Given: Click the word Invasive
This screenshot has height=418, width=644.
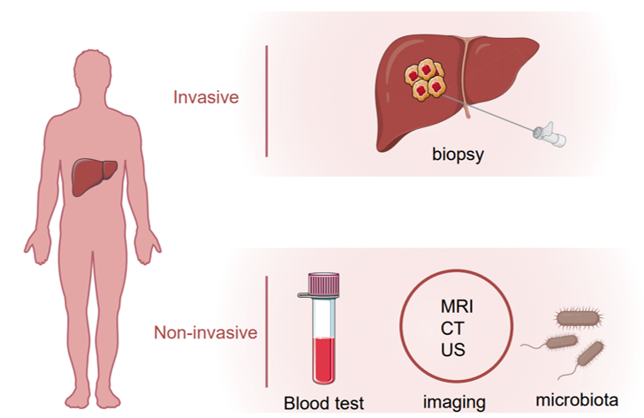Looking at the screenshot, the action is (206, 97).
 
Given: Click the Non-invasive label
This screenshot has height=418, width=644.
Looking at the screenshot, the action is (205, 332).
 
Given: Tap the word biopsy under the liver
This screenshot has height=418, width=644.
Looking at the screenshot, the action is (458, 155).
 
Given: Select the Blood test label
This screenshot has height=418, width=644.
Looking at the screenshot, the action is (323, 403).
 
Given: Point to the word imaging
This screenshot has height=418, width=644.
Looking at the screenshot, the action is (454, 402).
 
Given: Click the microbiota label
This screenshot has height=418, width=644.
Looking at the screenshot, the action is (577, 400).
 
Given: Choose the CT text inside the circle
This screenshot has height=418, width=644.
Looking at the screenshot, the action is (452, 329).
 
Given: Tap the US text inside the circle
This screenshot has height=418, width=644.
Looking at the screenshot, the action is (453, 350).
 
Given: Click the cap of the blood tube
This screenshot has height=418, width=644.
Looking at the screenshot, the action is (324, 285).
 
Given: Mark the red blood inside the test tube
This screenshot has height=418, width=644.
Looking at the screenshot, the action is (324, 360).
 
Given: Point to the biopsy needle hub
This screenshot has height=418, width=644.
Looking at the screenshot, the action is (550, 134).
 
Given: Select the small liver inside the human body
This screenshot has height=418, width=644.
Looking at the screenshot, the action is (94, 177).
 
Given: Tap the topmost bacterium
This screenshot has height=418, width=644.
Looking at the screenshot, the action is (578, 318).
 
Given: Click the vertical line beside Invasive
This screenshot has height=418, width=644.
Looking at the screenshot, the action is (267, 101).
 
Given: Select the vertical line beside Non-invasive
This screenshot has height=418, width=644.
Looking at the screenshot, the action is (267, 331).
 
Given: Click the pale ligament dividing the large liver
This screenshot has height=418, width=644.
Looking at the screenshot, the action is (466, 77).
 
